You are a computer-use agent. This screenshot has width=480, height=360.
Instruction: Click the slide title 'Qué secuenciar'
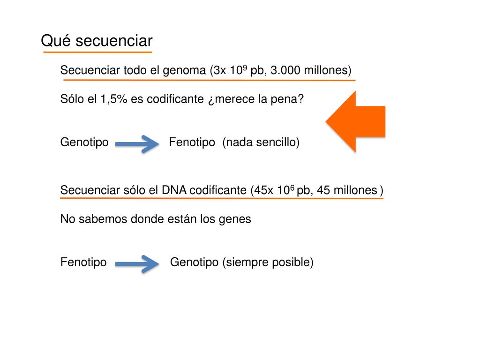tap(97, 41)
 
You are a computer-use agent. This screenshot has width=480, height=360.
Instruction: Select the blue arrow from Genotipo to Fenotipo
tap(137, 144)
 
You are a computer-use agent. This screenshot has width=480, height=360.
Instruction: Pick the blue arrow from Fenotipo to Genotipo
tap(137, 263)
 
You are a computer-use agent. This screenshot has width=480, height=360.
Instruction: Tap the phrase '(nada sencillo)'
tap(261, 142)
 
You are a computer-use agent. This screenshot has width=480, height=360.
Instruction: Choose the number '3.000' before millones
tap(286, 71)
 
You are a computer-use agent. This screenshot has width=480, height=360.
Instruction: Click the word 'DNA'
tap(174, 190)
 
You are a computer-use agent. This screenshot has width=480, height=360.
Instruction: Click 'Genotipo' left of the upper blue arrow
tap(84, 142)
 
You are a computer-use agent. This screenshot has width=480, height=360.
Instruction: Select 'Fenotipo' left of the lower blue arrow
tap(83, 262)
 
